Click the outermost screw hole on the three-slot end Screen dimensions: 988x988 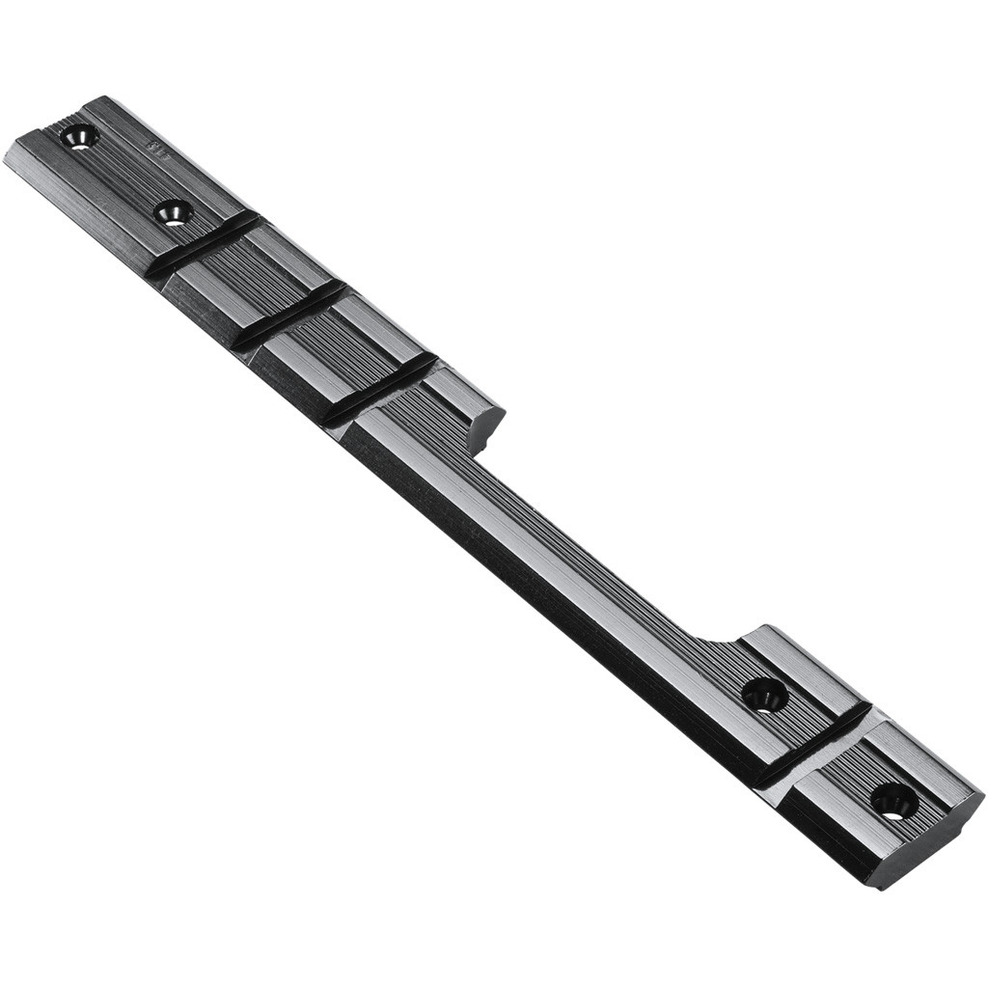pyautogui.click(x=78, y=138)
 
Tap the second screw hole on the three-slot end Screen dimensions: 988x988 pyautogui.click(x=174, y=212)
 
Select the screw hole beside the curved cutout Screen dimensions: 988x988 pyautogui.click(x=764, y=695)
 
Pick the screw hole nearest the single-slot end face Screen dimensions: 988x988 pyautogui.click(x=892, y=800)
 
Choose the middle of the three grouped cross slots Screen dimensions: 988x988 pyautogui.click(x=289, y=315)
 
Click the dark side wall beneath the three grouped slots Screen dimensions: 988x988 pyautogui.click(x=241, y=338)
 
